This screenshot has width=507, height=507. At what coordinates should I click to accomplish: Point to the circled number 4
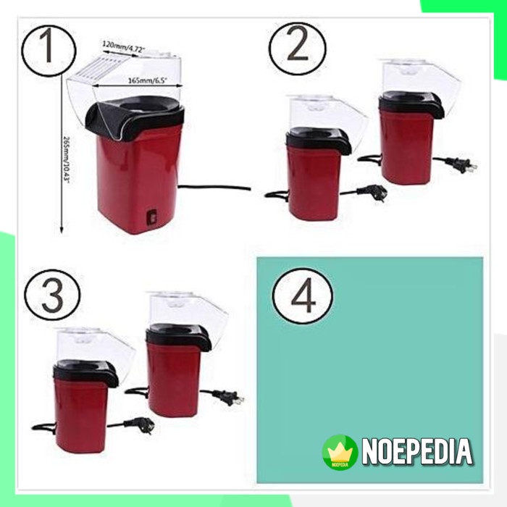tap(303, 296)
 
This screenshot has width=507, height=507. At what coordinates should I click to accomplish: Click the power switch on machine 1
tap(151, 215)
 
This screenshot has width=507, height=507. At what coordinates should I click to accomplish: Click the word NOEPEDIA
tap(417, 451)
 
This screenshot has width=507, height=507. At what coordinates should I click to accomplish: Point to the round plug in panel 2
tap(377, 192)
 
